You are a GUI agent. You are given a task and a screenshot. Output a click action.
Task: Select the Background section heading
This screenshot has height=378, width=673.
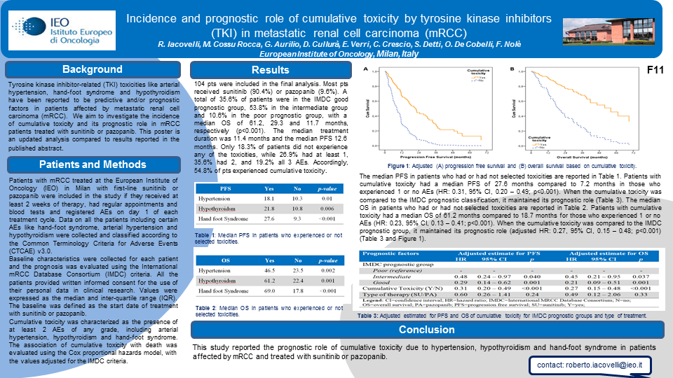(92, 69)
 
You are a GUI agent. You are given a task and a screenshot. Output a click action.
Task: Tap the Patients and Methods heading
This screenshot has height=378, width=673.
(92, 165)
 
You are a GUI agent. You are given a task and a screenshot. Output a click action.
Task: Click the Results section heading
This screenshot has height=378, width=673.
(270, 70)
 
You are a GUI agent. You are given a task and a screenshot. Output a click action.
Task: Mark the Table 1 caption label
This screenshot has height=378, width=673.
(205, 234)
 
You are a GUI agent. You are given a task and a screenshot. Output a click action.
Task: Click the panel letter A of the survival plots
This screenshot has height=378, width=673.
(365, 69)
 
